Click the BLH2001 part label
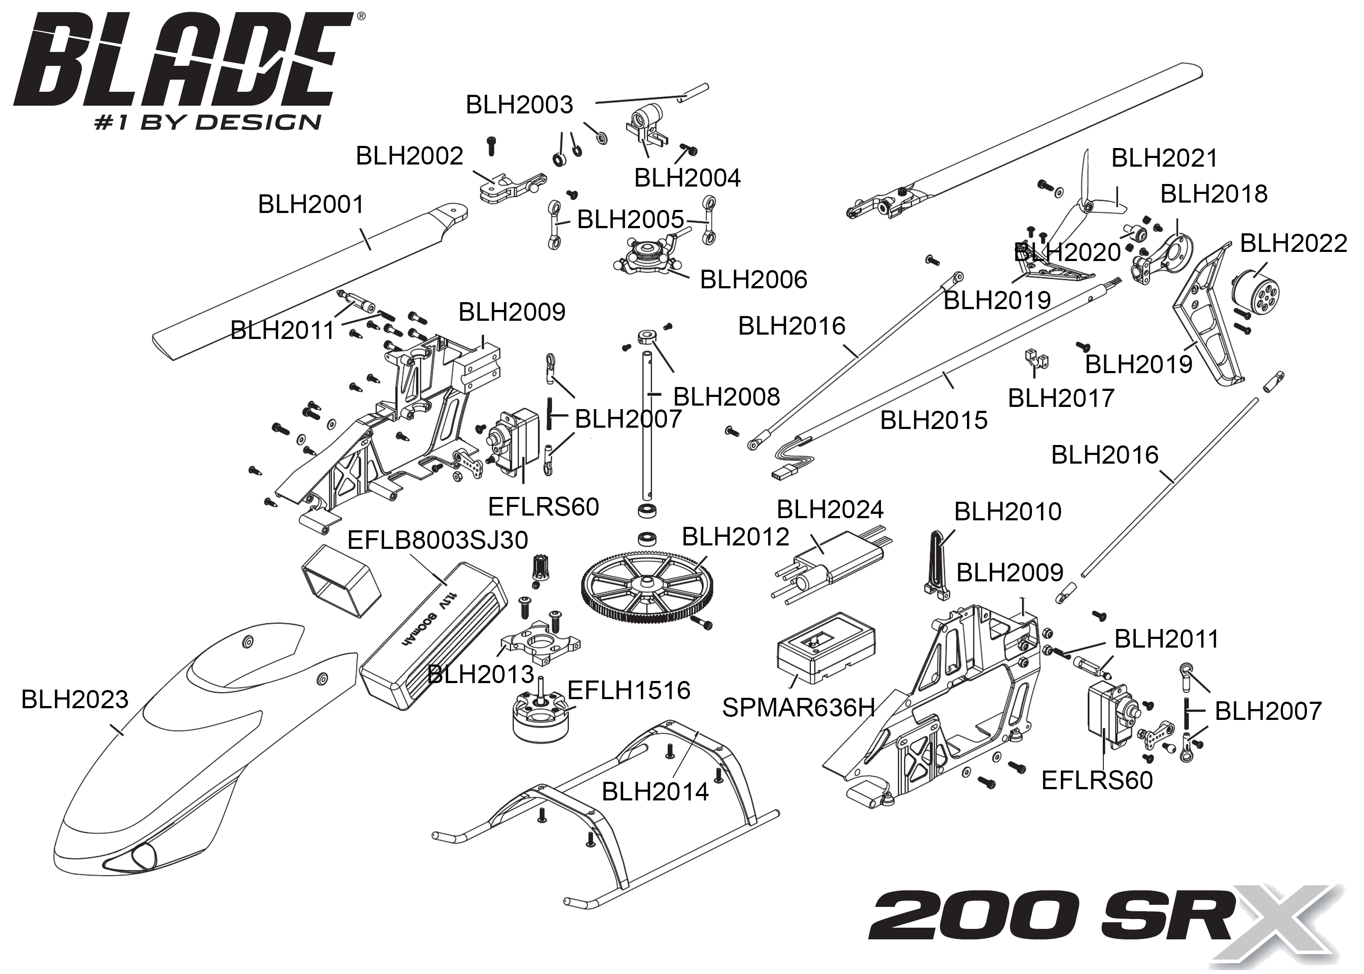(x=311, y=204)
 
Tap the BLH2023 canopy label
(x=74, y=699)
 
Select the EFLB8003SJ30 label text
(x=437, y=540)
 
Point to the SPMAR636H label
(x=798, y=708)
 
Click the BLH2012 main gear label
(x=735, y=537)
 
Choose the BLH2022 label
(x=1293, y=243)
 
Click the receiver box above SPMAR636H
(x=825, y=647)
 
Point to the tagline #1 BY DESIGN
(x=207, y=123)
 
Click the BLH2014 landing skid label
(x=655, y=792)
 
